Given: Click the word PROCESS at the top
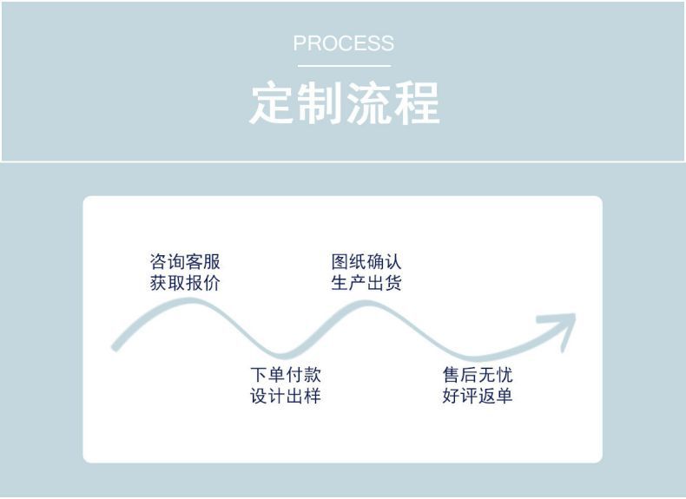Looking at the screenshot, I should [343, 43].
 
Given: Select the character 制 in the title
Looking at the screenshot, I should [321, 104].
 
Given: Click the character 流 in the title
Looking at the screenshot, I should [369, 104].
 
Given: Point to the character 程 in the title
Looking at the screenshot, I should [417, 104].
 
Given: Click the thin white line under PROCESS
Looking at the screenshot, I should [343, 66].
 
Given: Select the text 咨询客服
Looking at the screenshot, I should [185, 262].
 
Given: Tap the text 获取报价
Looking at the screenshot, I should [185, 283].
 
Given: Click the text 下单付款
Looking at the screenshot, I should [286, 375].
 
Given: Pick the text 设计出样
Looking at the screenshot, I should [286, 397].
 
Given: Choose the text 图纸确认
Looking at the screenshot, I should [366, 262].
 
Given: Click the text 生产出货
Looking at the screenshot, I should [366, 283].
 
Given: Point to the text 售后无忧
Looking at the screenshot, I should [477, 375].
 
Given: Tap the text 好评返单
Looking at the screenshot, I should [477, 397].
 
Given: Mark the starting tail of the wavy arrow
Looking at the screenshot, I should [116, 346].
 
